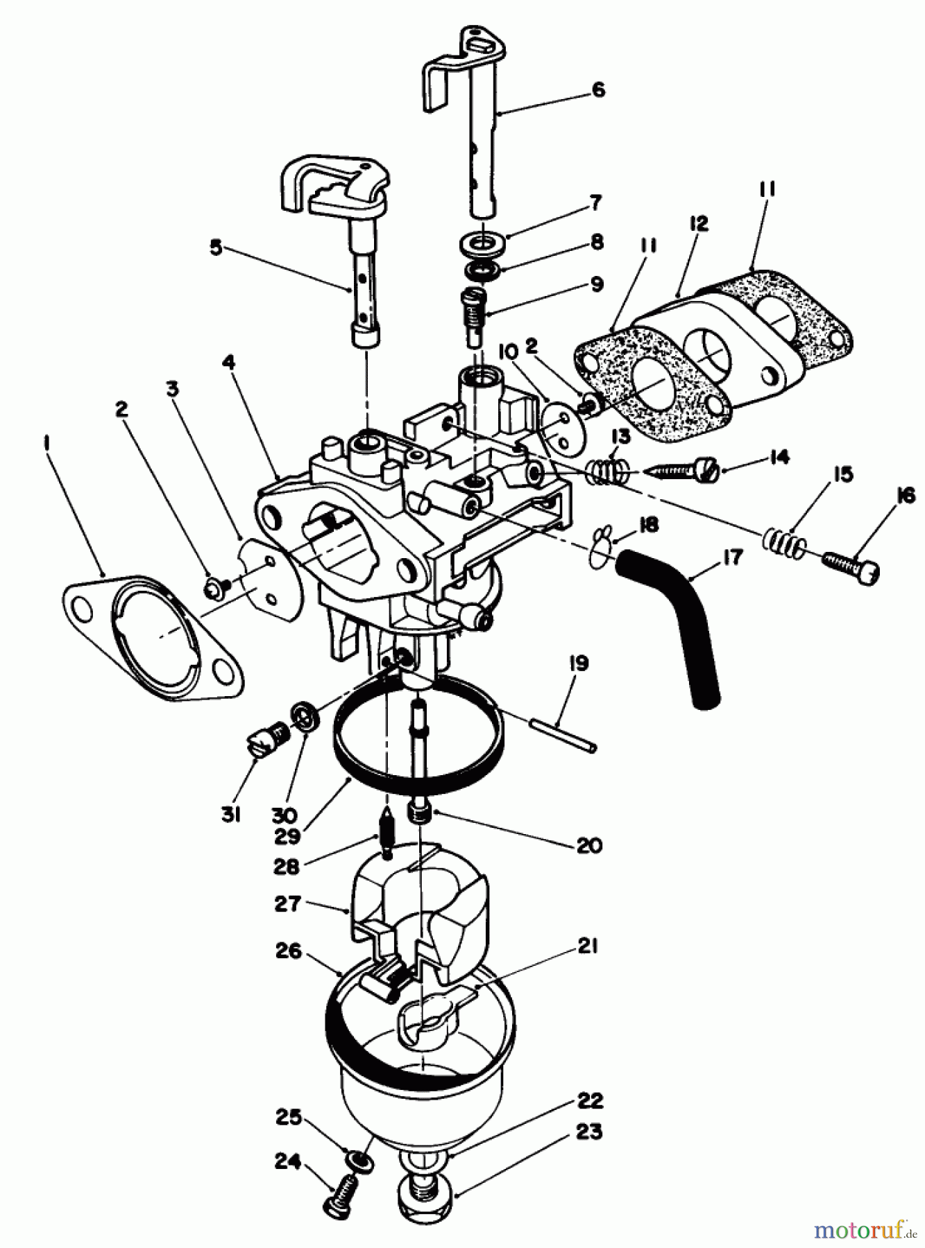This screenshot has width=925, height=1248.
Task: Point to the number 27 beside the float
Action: pos(287,903)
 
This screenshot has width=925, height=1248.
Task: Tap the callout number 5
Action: pos(217,248)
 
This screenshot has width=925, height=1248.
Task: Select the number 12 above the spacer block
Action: pos(698,223)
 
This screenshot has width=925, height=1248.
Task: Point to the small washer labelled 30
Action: pos(305,715)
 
